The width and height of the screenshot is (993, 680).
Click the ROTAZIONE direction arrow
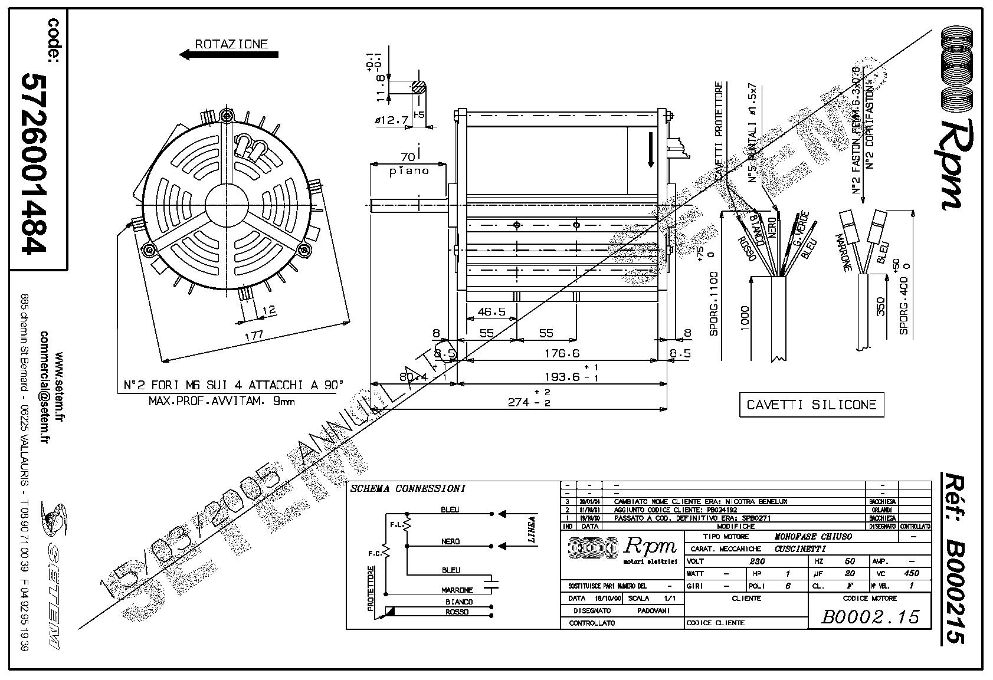pyautogui.click(x=229, y=55)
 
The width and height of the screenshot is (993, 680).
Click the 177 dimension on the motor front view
pyautogui.click(x=254, y=335)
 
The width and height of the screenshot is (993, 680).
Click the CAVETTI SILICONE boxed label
pyautogui.click(x=811, y=405)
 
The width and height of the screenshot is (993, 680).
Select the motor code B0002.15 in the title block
pyautogui.click(x=870, y=616)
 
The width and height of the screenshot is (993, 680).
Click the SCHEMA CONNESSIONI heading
pyautogui.click(x=408, y=488)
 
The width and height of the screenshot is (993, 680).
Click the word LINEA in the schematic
pyautogui.click(x=532, y=530)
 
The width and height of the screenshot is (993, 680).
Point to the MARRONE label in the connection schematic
pyautogui.click(x=457, y=590)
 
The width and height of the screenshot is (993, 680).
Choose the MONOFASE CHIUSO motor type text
pyautogui.click(x=813, y=537)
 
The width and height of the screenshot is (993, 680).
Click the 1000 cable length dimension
pyautogui.click(x=745, y=317)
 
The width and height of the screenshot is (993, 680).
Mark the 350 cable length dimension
pyautogui.click(x=880, y=305)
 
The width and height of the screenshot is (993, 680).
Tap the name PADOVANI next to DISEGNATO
pyautogui.click(x=653, y=610)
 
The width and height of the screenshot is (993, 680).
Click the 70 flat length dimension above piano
pyautogui.click(x=407, y=157)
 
